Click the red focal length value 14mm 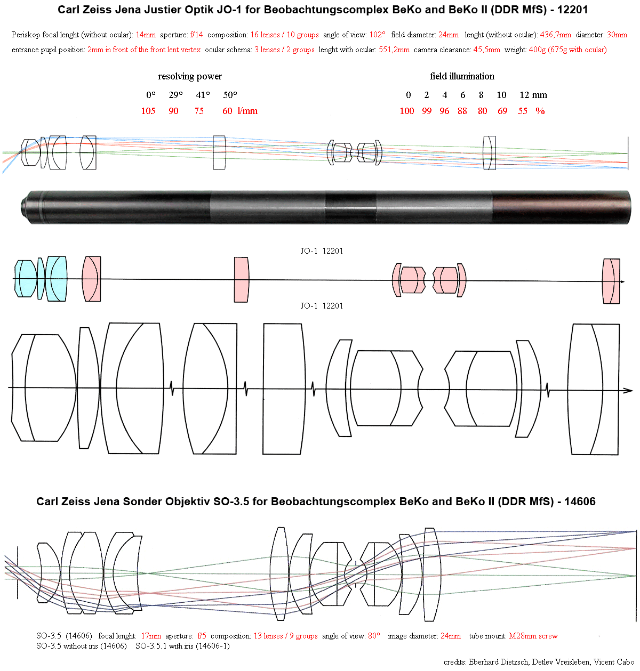[x=146, y=35]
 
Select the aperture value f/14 [x=196, y=35]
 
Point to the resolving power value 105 [x=148, y=111]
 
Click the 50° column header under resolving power [x=230, y=95]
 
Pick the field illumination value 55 [x=522, y=111]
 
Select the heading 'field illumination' [x=461, y=76]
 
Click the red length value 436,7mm [x=555, y=35]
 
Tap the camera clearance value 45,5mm [x=486, y=50]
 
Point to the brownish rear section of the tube [x=561, y=207]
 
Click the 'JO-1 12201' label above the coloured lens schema [x=322, y=251]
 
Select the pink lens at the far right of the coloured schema [x=611, y=281]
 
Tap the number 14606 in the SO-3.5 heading [x=580, y=502]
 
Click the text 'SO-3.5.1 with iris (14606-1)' [x=182, y=646]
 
